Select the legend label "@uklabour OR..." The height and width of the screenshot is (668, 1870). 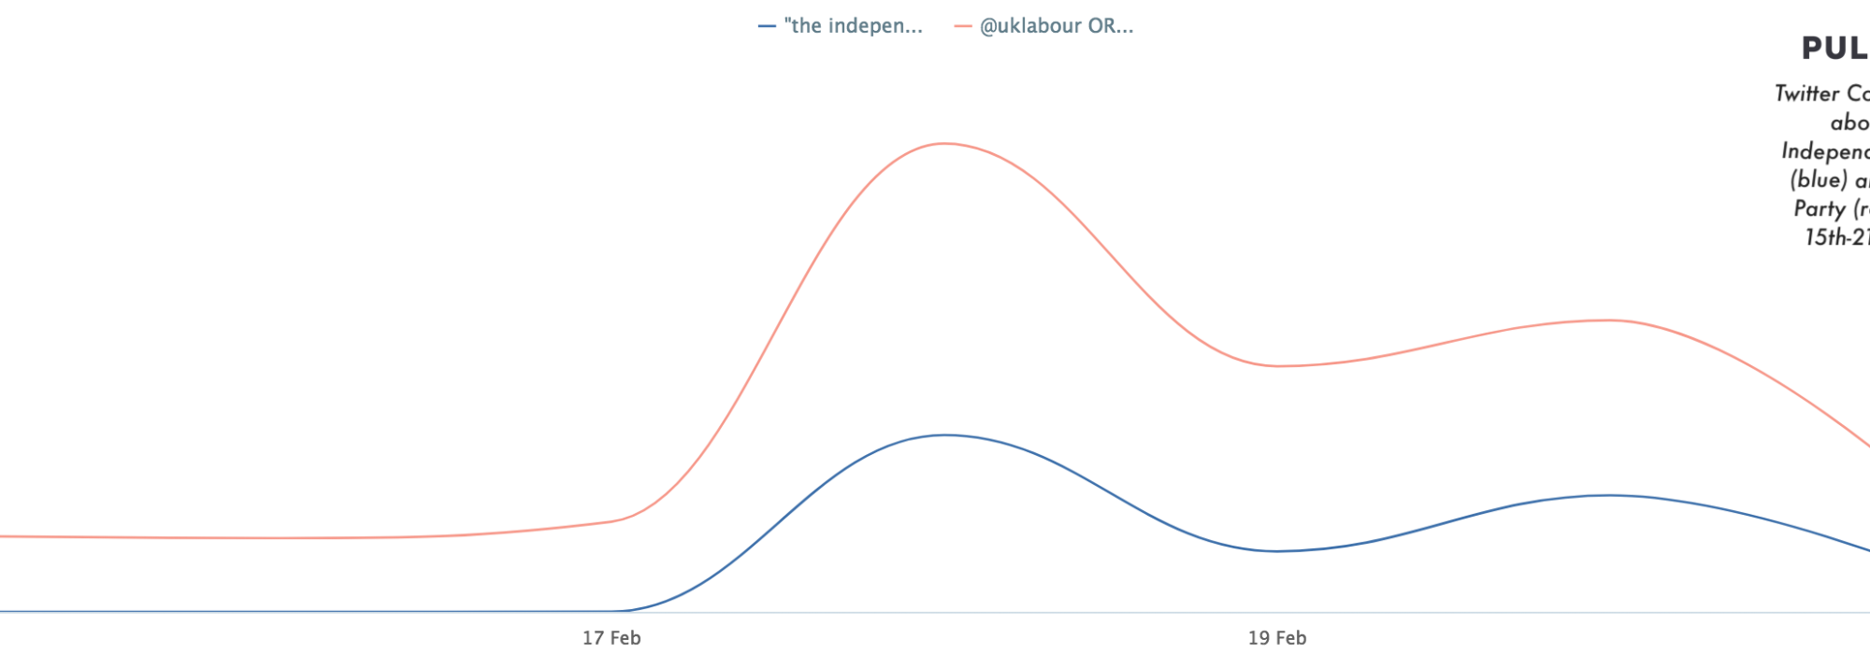(x=1056, y=26)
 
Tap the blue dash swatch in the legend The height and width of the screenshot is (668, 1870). (x=767, y=27)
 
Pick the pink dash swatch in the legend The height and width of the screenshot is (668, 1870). (x=963, y=27)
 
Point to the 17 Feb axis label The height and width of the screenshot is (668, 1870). (x=611, y=639)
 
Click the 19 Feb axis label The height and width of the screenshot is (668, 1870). (x=1277, y=639)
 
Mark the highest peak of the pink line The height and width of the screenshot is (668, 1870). (x=944, y=144)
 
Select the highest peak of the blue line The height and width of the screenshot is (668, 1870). (x=946, y=434)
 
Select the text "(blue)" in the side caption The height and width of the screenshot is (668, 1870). (x=1818, y=180)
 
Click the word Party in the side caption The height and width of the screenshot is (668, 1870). (x=1819, y=209)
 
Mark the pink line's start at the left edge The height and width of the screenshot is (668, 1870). (x=3, y=536)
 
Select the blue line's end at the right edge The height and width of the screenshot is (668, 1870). (x=1866, y=549)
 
